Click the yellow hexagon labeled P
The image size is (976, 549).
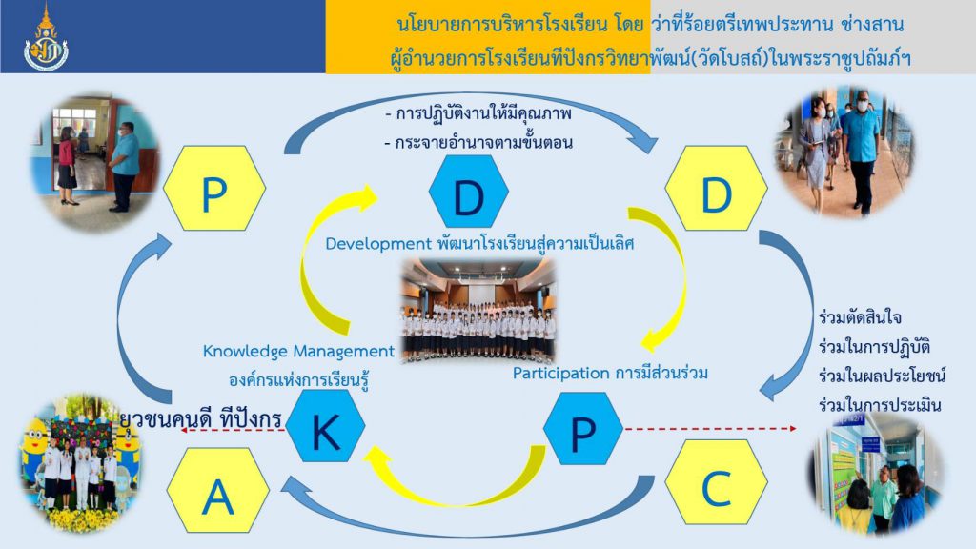pos(214,188)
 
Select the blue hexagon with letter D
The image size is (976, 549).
pos(469,191)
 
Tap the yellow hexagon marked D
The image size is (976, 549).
pos(717,188)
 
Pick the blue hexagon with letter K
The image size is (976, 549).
pos(326,426)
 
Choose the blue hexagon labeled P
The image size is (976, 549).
pos(583,428)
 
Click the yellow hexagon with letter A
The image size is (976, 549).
pos(218,490)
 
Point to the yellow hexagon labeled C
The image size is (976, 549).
pos(717,482)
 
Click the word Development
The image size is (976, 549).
pos(378,243)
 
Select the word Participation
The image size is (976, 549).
pos(560,373)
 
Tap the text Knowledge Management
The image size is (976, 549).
pos(298,352)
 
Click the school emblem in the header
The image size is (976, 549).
pos(46,39)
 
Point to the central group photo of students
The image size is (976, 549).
pos(478,311)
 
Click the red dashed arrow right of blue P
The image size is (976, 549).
pos(710,428)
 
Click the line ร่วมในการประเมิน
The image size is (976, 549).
pos(880,405)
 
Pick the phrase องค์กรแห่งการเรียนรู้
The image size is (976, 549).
pos(299,379)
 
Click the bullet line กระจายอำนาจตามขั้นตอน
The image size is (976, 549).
pos(478,143)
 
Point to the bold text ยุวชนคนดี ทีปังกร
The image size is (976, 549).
pos(200,418)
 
